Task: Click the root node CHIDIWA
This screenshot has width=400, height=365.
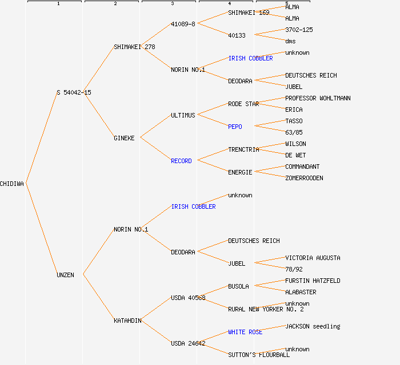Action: [12, 184]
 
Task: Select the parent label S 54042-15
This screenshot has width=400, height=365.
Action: [74, 92]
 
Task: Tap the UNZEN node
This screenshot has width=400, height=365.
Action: [65, 275]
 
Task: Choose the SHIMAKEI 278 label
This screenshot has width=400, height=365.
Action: [134, 47]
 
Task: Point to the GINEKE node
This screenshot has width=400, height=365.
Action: [124, 138]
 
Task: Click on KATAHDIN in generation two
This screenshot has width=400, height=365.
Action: [127, 321]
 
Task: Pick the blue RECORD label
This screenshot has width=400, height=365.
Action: [181, 161]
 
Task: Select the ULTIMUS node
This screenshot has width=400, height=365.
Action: [183, 115]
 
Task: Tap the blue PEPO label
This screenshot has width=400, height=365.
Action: [235, 127]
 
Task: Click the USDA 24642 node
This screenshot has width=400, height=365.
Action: [188, 343]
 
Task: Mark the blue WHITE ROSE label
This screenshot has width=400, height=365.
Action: [245, 332]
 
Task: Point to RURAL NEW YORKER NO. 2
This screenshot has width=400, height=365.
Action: [266, 309]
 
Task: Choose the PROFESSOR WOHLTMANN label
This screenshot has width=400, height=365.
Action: [318, 98]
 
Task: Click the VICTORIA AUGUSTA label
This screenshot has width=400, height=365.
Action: [313, 258]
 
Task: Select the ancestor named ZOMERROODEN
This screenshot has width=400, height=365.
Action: [304, 178]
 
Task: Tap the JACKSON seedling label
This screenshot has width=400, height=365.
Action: [313, 326]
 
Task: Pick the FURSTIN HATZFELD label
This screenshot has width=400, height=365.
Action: [313, 281]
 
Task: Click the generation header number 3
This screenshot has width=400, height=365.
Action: [172, 4]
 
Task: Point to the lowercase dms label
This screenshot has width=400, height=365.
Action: [290, 41]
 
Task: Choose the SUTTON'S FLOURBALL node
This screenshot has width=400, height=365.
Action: [259, 355]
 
